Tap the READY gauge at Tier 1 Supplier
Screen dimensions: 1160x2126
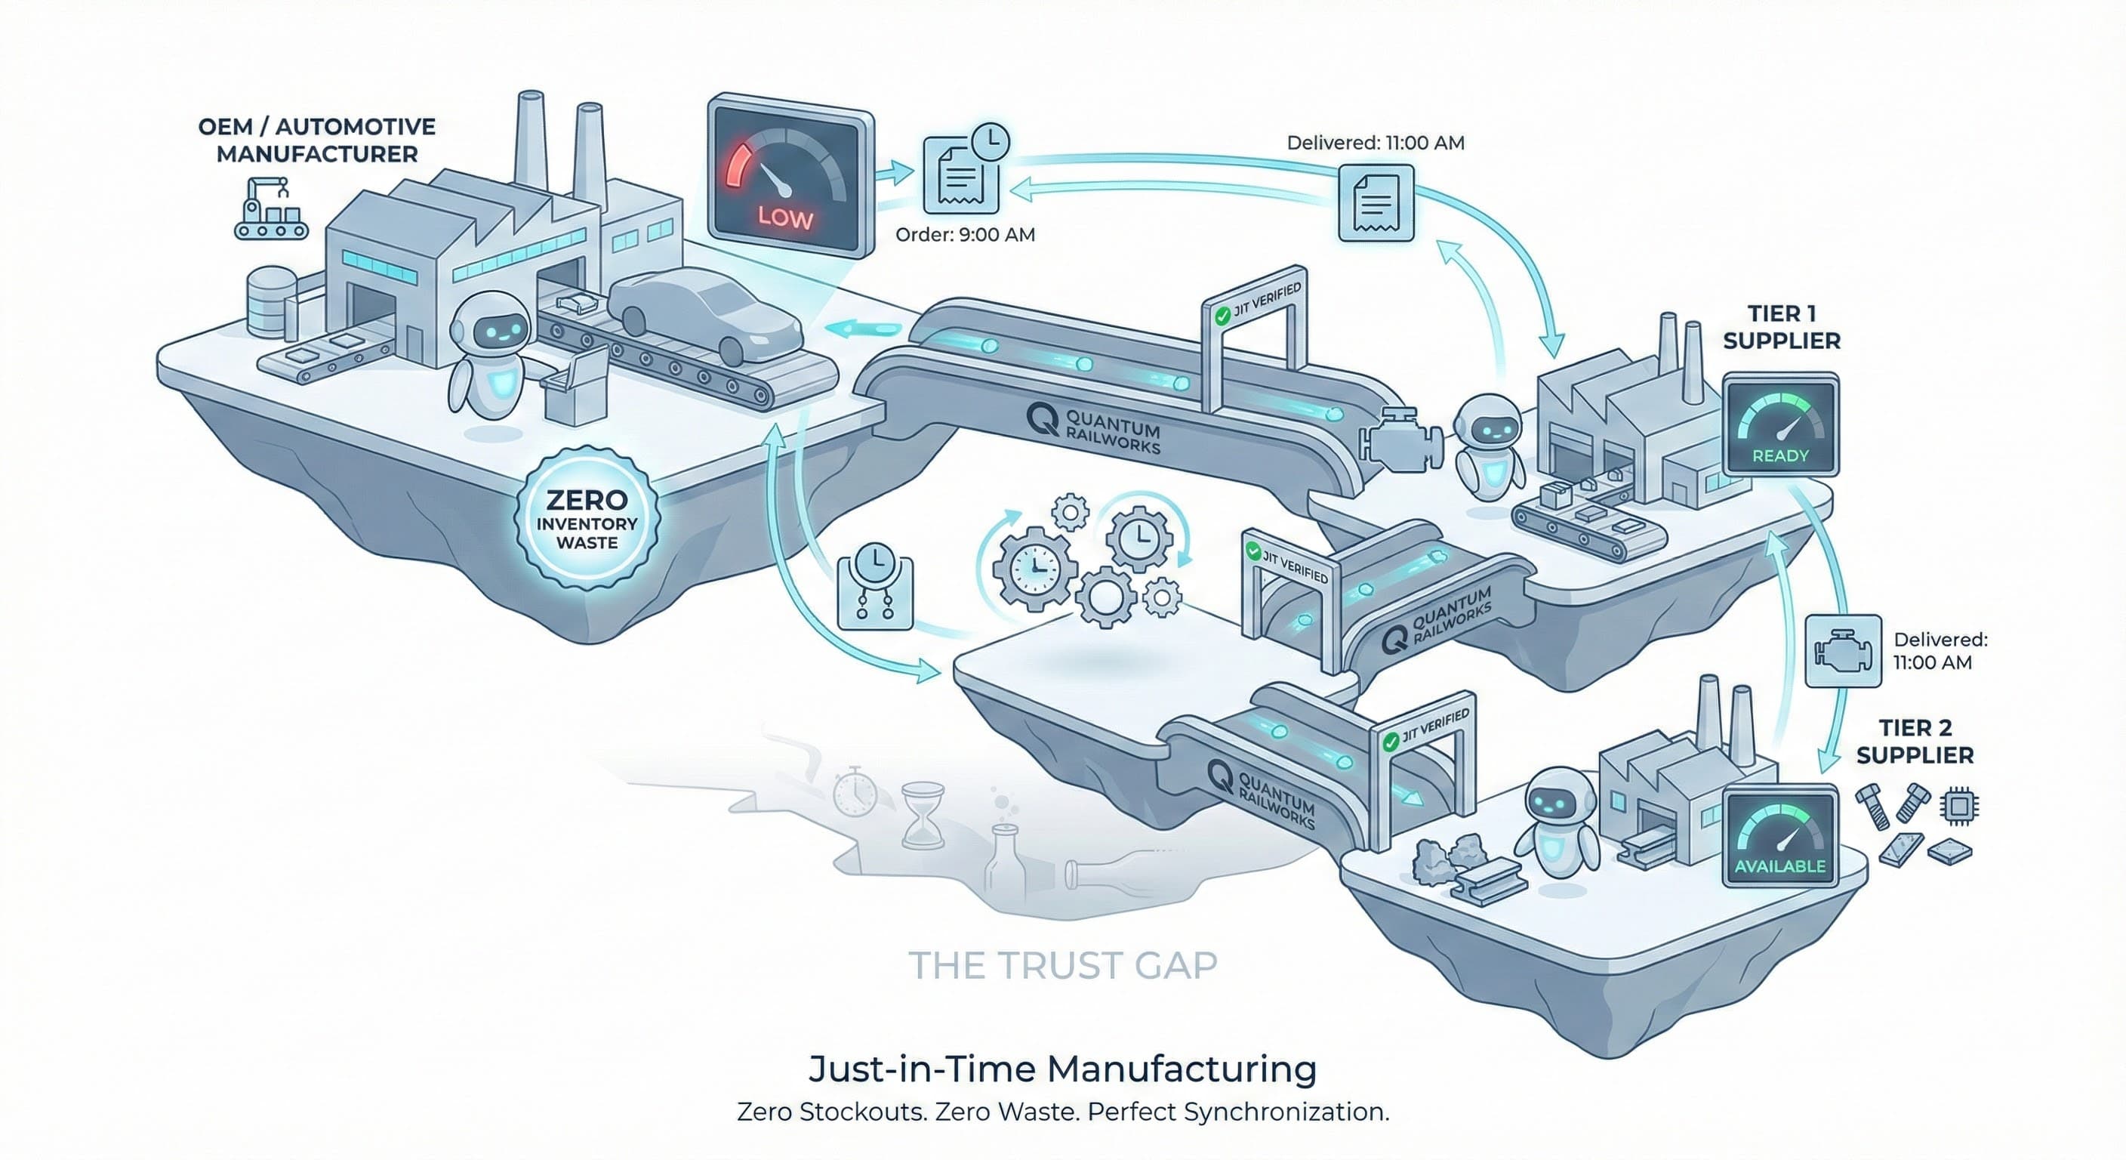coord(1780,425)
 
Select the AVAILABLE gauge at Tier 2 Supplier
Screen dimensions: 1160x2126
coord(1780,834)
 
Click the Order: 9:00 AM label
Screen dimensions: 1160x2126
coord(965,234)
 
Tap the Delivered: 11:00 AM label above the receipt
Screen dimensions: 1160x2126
coord(1375,143)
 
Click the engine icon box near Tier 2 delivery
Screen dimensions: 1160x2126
coord(1843,650)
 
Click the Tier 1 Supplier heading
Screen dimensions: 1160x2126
coord(1781,327)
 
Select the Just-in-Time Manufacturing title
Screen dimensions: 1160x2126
coord(1062,1069)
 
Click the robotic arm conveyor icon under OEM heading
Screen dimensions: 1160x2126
coord(271,210)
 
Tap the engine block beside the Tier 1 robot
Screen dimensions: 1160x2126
coord(1400,440)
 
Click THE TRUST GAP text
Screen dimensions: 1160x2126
coord(1062,965)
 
